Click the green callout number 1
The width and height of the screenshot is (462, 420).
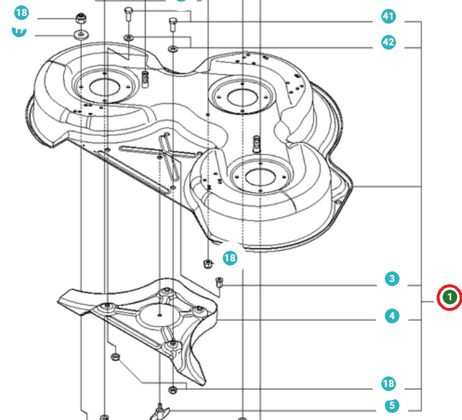point(449,297)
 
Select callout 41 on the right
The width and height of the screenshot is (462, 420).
point(388,17)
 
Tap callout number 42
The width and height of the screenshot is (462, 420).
point(388,42)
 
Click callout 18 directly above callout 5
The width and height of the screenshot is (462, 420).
point(388,384)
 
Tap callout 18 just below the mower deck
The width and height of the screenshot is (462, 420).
point(230,258)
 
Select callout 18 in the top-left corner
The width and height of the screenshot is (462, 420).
point(21,12)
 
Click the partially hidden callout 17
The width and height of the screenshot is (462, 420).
point(19,31)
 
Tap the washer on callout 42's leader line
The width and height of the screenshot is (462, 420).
point(173,47)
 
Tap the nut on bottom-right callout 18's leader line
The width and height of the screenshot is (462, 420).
point(173,389)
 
